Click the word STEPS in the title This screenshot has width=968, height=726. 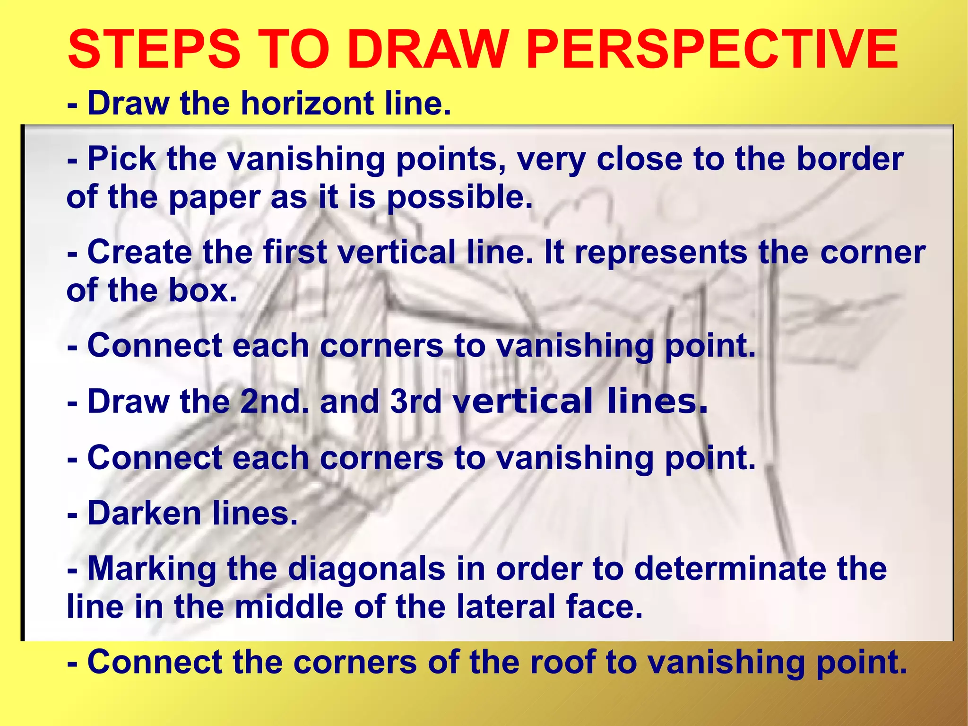[x=154, y=50]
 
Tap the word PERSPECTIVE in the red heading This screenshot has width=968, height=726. [x=711, y=50]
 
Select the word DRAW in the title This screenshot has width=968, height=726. [x=428, y=50]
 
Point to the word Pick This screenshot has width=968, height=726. [x=121, y=159]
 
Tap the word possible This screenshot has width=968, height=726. [x=459, y=197]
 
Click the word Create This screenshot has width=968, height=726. [x=139, y=252]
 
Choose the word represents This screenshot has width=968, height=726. [x=661, y=252]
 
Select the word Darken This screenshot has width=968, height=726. [x=145, y=513]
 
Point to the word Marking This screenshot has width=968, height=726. [x=152, y=569]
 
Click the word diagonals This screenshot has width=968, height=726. [x=366, y=569]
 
